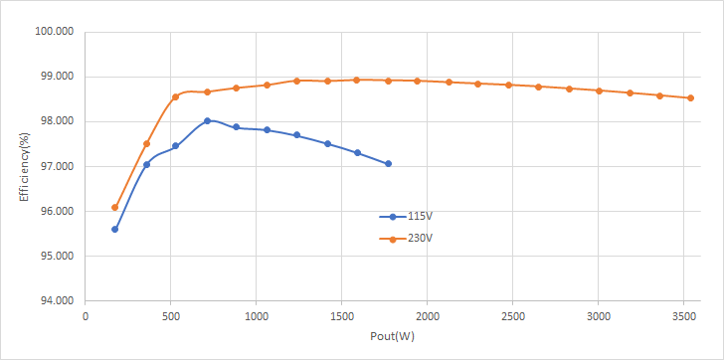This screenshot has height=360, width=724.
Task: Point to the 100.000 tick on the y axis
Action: (55, 32)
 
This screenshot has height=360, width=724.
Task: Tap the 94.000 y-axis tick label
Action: (55, 301)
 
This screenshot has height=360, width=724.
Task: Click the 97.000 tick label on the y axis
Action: (55, 166)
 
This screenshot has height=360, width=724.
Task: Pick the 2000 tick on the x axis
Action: (427, 316)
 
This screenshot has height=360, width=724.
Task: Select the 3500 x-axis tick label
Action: (683, 316)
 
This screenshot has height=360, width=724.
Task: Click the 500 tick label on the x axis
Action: (170, 316)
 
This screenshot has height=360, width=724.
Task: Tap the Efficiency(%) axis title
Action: (24, 167)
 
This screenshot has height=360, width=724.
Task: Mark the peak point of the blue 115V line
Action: (207, 121)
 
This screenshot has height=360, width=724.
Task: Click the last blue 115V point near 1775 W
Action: (388, 164)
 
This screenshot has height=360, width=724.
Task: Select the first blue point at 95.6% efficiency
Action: (114, 230)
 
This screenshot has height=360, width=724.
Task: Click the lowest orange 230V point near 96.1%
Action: (114, 208)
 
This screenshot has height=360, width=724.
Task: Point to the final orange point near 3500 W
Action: (690, 97)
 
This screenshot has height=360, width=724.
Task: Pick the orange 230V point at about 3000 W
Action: (599, 90)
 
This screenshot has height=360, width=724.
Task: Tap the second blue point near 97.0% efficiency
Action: (146, 165)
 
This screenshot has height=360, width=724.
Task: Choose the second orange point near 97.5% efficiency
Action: (146, 144)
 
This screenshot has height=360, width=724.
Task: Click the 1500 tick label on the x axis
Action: (341, 316)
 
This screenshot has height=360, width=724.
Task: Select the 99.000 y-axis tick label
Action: (55, 77)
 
